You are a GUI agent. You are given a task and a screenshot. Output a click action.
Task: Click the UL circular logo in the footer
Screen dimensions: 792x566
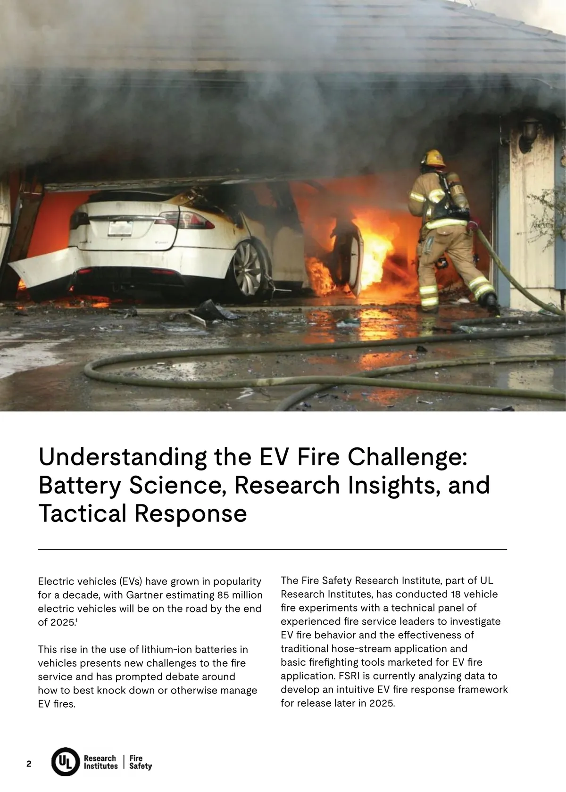65,762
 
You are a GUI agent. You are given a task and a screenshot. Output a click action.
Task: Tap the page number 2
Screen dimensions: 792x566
29,764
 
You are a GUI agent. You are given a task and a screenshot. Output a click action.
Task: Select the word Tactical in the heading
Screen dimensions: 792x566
83,513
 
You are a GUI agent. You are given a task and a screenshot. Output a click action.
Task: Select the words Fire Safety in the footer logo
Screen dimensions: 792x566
140,762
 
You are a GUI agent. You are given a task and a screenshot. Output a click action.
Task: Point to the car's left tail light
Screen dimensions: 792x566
80,218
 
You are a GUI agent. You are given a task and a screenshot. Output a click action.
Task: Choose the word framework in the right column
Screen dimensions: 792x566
483,689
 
